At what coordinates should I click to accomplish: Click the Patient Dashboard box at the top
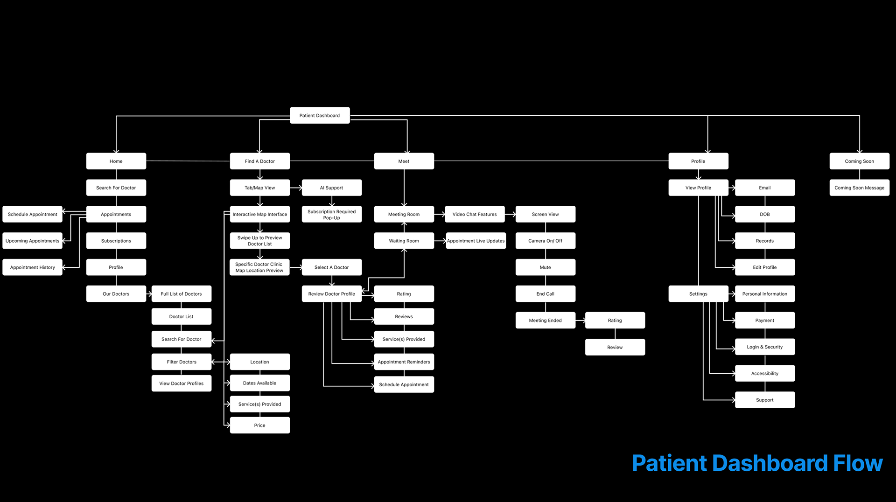click(x=320, y=116)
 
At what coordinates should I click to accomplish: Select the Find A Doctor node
click(x=260, y=161)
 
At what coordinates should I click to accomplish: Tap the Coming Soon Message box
click(x=859, y=188)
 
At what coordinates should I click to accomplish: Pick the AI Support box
click(x=331, y=188)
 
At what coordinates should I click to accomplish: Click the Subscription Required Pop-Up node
click(x=331, y=215)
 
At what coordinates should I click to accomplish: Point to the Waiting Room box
click(x=404, y=241)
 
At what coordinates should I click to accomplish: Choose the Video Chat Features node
click(x=475, y=215)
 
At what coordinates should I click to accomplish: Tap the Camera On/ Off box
click(x=545, y=241)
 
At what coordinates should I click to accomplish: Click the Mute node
click(x=545, y=268)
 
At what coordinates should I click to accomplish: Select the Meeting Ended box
click(x=545, y=321)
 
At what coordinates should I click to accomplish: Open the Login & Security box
click(x=764, y=347)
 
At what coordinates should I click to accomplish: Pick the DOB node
click(x=764, y=215)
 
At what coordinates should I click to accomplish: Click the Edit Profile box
click(x=764, y=268)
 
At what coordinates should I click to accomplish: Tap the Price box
click(x=260, y=425)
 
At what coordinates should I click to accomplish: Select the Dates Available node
click(x=260, y=383)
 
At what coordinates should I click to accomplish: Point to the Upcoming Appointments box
click(x=32, y=241)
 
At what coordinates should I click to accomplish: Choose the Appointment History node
click(x=32, y=268)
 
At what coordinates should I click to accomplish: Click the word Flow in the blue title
click(x=858, y=463)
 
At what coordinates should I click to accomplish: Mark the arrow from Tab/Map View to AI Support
click(x=296, y=188)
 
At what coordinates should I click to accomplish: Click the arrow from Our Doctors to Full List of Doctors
click(x=149, y=294)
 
